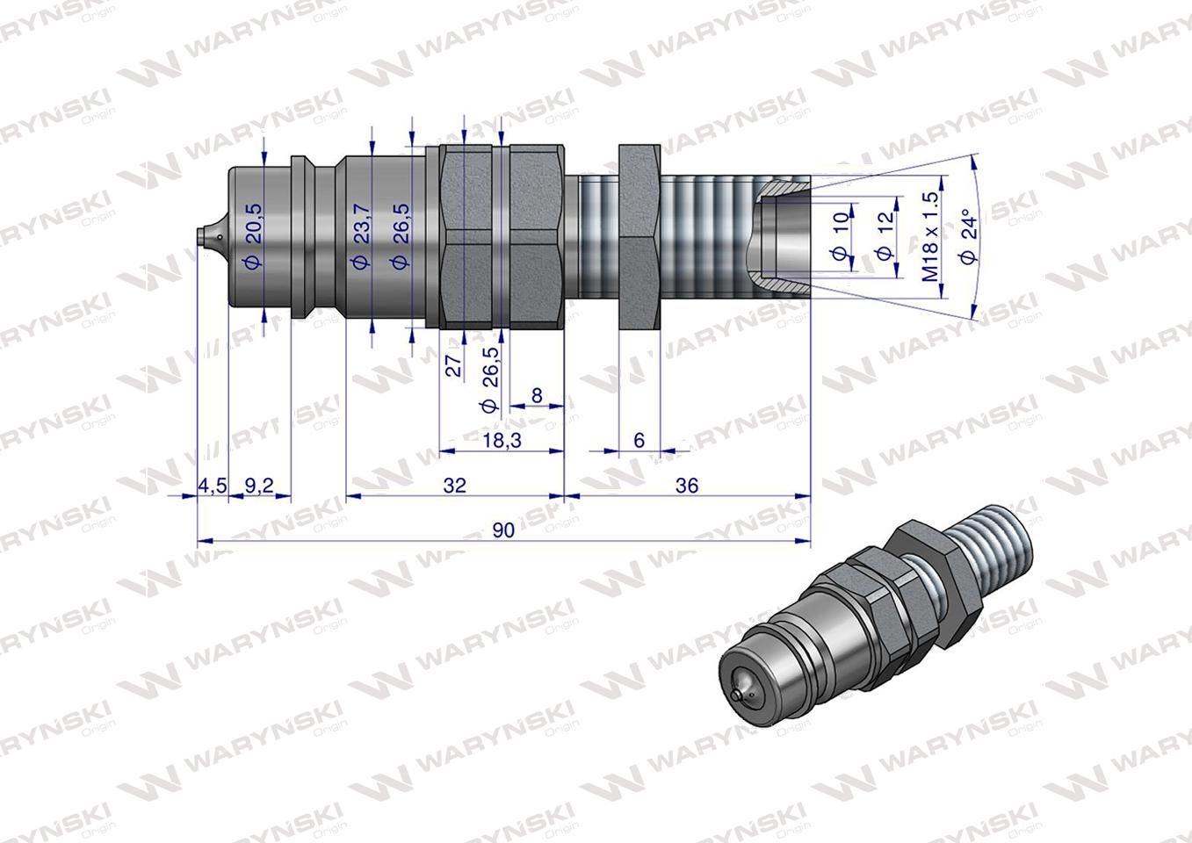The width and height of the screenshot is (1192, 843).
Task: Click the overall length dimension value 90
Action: click(503, 530)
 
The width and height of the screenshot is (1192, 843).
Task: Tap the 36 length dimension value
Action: click(687, 485)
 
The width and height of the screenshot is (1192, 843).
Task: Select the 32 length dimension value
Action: click(454, 485)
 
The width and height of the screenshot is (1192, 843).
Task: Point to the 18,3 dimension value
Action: click(501, 440)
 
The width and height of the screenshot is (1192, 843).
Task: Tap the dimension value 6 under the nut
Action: click(639, 439)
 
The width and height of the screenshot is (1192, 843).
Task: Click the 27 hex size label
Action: click(454, 365)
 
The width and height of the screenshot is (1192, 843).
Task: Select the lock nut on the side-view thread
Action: click(639, 237)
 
